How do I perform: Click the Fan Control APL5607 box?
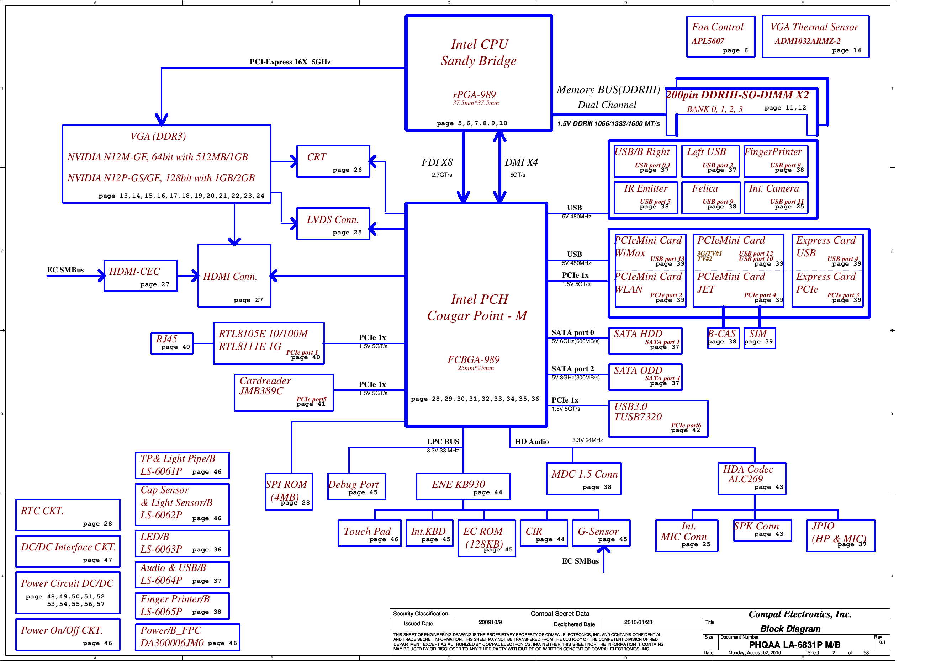click(x=720, y=37)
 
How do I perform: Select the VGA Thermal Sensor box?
click(x=815, y=37)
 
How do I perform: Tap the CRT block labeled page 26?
click(x=333, y=161)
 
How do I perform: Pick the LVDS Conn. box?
click(x=333, y=224)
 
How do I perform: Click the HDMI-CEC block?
click(x=140, y=276)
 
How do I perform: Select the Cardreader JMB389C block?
click(x=284, y=393)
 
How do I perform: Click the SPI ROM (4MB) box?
click(x=289, y=491)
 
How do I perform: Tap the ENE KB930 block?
click(x=463, y=486)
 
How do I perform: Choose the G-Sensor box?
click(x=601, y=533)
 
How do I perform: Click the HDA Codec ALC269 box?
click(x=751, y=479)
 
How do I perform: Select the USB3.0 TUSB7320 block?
click(x=658, y=419)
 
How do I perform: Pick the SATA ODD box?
click(x=645, y=377)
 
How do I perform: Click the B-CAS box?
click(x=723, y=338)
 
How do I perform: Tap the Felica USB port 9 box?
click(x=710, y=197)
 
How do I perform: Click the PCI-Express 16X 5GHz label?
click(x=290, y=62)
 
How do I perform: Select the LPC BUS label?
click(x=443, y=441)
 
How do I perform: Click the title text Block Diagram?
click(x=790, y=629)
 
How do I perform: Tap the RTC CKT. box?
click(x=68, y=515)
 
